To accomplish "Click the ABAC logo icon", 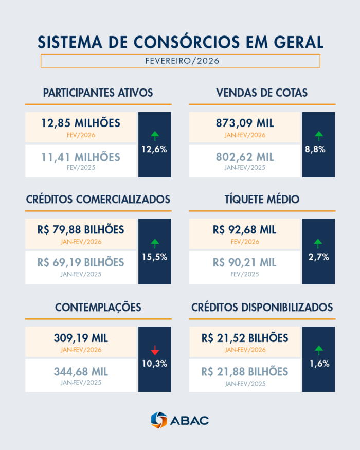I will (x=159, y=420).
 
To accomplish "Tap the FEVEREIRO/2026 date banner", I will (x=180, y=61).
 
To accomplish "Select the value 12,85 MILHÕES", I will (x=81, y=123).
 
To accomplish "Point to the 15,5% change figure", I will (x=155, y=257).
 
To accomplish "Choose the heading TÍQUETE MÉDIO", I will (x=262, y=199).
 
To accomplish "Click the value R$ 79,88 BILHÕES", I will (x=81, y=230).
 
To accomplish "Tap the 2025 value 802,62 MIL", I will (x=244, y=157).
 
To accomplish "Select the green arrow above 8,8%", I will (x=319, y=136).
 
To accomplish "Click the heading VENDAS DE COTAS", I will (x=262, y=93).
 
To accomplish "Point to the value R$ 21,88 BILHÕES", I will (x=244, y=371).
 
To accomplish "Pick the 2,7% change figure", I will (x=319, y=257).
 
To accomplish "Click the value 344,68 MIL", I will (x=81, y=371).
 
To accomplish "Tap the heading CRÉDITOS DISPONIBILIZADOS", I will (x=262, y=307).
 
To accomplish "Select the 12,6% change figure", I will (x=155, y=150).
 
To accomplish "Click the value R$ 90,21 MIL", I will (x=244, y=263).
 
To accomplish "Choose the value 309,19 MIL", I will (x=81, y=338).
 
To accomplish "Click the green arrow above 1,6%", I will (x=319, y=350).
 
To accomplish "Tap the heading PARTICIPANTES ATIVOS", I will (x=98, y=93).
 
